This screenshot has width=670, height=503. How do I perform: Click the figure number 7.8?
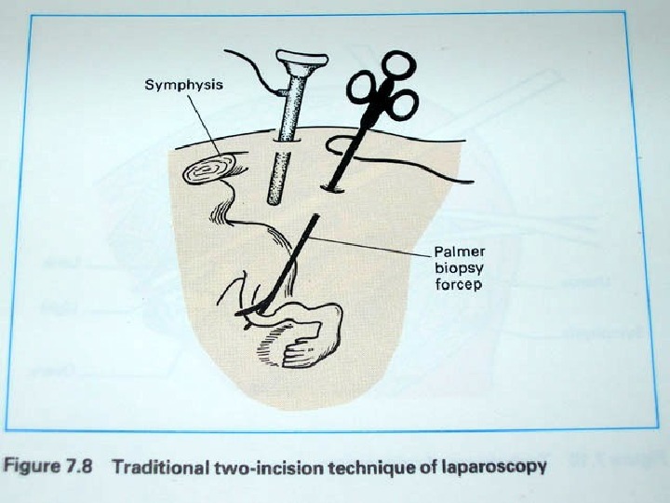[x=76, y=466]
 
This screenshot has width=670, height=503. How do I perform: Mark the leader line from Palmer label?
[x=372, y=244]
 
